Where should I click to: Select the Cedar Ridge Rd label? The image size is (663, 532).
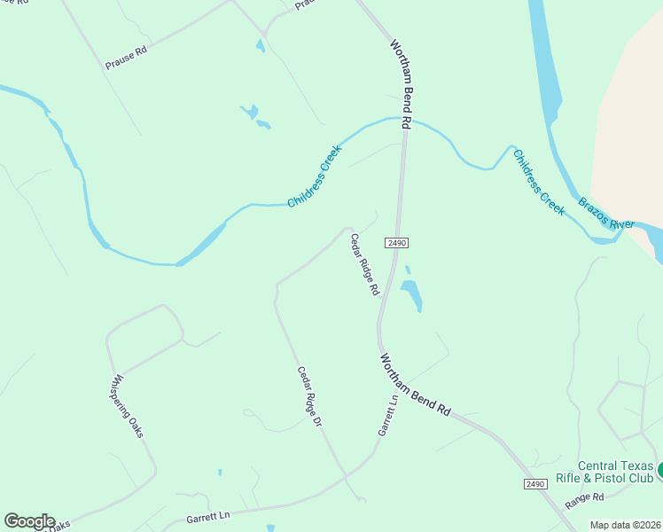[364, 263]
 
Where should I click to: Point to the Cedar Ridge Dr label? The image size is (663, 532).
[308, 397]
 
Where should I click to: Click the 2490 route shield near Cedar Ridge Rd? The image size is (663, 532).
[396, 242]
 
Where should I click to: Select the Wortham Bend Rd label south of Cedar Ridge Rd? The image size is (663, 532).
[416, 386]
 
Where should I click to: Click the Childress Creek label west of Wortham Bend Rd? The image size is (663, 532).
[315, 176]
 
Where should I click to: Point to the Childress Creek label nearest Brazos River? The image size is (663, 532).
[538, 182]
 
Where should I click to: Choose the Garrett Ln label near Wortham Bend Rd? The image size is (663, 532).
[387, 414]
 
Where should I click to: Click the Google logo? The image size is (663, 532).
[29, 521]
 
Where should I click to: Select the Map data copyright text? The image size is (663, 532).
[625, 525]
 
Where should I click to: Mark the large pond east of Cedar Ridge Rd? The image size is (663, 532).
[410, 293]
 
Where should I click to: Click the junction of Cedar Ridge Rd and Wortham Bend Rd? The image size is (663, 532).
[379, 324]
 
